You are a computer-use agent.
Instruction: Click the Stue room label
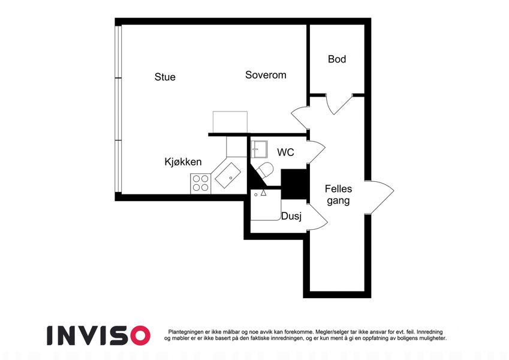tap(165, 77)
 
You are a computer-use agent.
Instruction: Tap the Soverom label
tap(266, 75)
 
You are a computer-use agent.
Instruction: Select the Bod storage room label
tap(336, 59)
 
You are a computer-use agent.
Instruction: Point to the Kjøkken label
tap(183, 162)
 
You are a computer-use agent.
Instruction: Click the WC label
tap(285, 152)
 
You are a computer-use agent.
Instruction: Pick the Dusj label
tap(291, 217)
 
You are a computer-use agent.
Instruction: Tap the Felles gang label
tap(338, 194)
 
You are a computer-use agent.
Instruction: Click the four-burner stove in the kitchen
tap(201, 183)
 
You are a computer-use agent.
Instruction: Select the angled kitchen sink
tap(227, 175)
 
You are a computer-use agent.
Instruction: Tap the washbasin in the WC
tap(259, 149)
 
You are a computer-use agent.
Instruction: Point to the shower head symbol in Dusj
tap(263, 193)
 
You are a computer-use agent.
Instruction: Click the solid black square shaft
tap(294, 184)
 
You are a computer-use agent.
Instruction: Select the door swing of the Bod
tap(339, 104)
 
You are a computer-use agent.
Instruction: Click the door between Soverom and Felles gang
tap(300, 117)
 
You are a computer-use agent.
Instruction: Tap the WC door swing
tap(317, 152)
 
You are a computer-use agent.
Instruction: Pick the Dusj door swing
tap(318, 217)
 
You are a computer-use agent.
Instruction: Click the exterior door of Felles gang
tap(380, 197)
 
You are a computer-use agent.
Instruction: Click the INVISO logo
tap(99, 335)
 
